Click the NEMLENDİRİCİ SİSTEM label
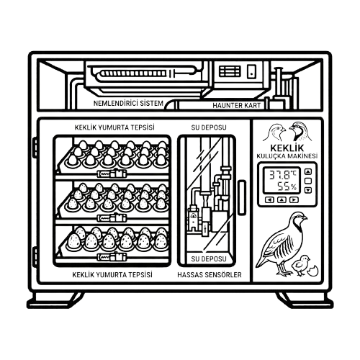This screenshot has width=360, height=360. click(x=128, y=104)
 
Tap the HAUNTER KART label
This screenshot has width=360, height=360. click(x=236, y=106)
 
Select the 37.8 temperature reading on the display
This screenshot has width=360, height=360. click(x=283, y=174)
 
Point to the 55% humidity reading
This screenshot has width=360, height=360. click(x=287, y=186)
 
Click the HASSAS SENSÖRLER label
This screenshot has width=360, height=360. click(x=210, y=275)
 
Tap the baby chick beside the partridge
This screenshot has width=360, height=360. click(x=300, y=265)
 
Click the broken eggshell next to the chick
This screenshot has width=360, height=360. click(x=313, y=271)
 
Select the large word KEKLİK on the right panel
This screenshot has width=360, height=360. click(x=287, y=148)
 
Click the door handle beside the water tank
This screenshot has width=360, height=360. click(x=242, y=197)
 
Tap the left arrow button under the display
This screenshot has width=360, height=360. click(x=269, y=199)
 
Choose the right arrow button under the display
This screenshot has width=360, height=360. click(x=294, y=199)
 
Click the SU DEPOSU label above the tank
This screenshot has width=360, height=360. click(x=209, y=127)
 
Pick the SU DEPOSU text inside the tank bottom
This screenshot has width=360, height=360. click(x=209, y=259)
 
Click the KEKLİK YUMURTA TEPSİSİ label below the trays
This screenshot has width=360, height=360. click(x=112, y=275)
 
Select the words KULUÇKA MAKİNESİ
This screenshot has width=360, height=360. click(x=287, y=156)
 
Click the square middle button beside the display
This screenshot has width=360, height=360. click(x=308, y=181)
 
